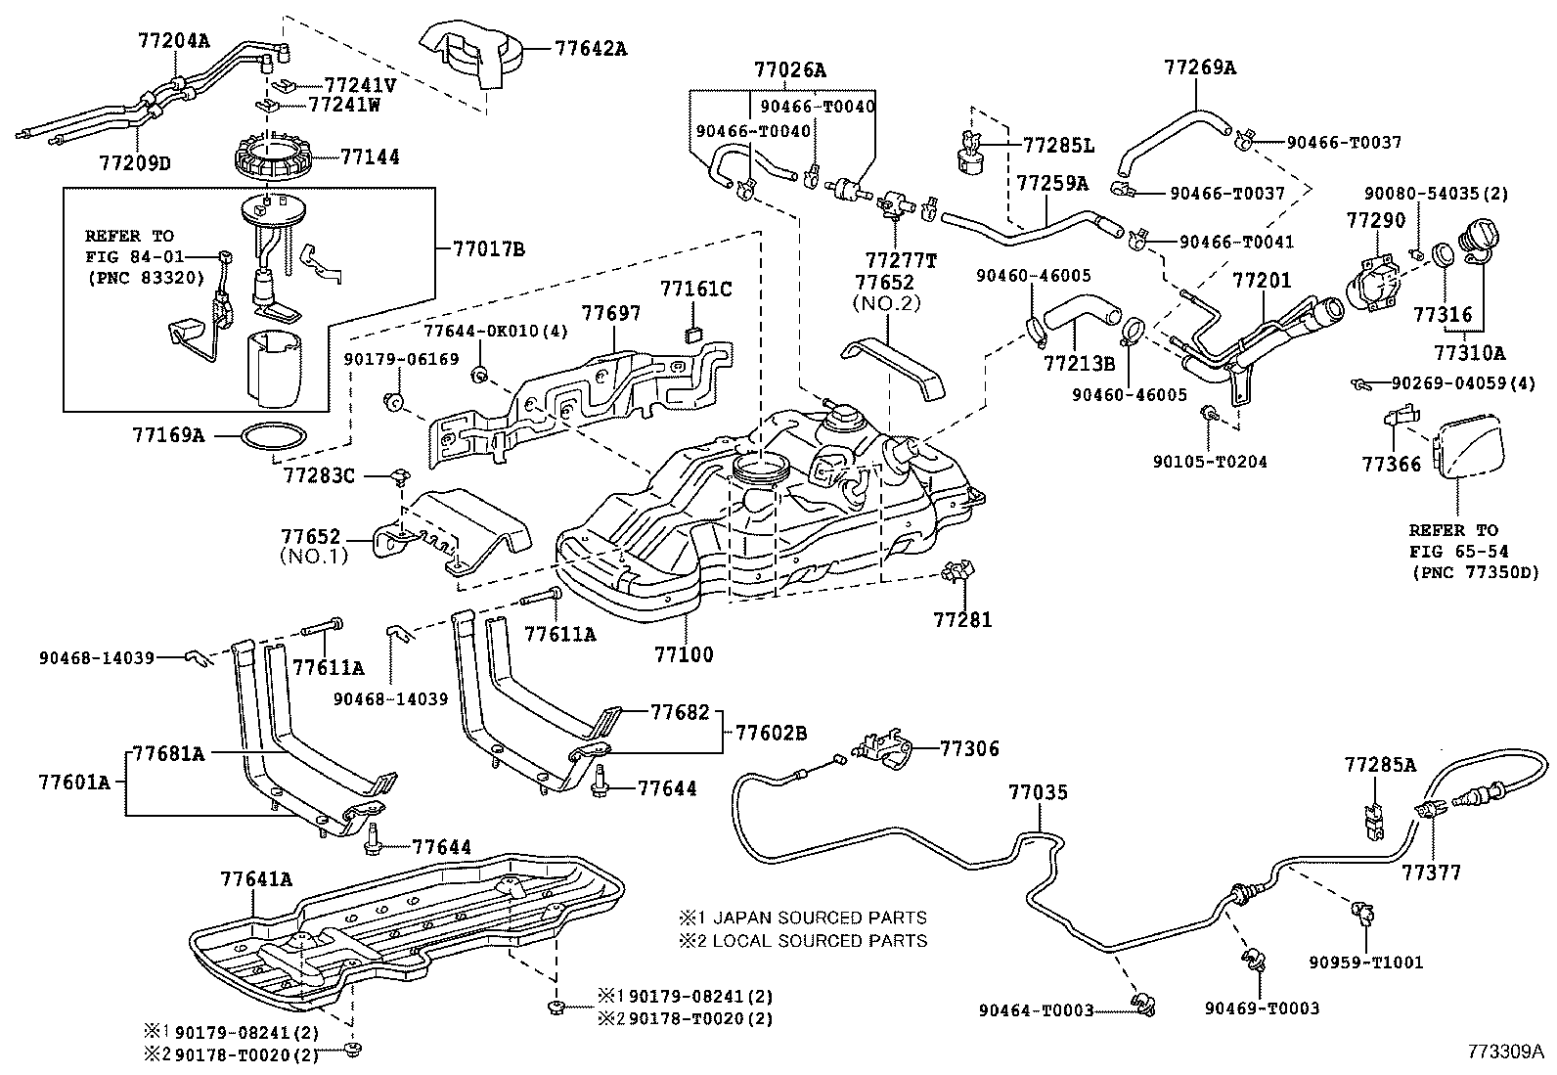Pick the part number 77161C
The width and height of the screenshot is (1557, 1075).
pos(695,289)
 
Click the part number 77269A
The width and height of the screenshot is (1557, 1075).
pos(1200,67)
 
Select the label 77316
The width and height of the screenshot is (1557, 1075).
pos(1443,314)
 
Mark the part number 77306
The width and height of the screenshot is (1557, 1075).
pos(969,749)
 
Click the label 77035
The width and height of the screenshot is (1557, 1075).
pos(1039,792)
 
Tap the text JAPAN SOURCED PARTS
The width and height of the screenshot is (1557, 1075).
pos(819,918)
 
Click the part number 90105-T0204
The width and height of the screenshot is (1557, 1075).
pos(1209,461)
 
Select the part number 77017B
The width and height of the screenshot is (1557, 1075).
pos(489,249)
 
